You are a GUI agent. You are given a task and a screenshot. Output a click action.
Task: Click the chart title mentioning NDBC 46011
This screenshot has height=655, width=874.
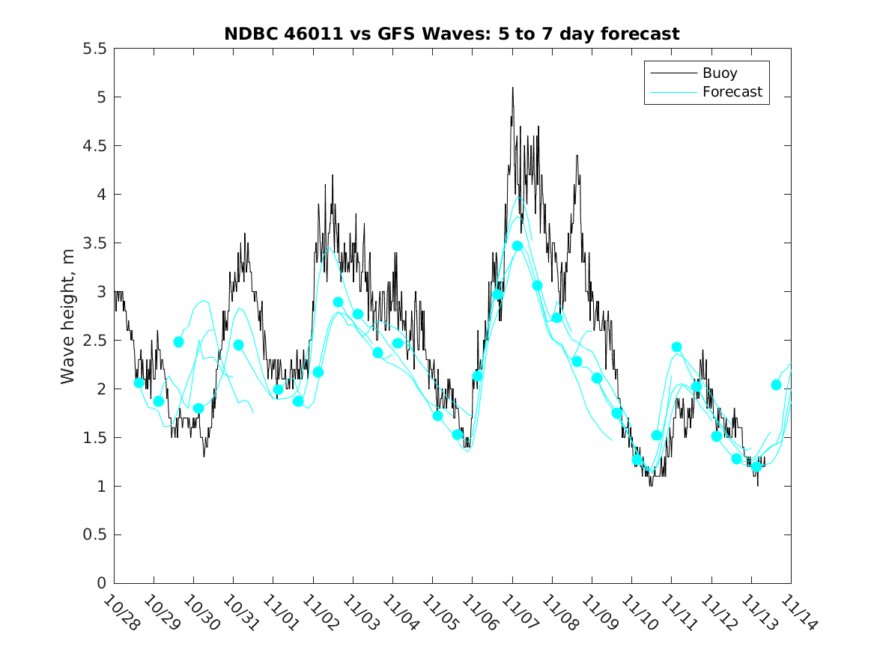(452, 34)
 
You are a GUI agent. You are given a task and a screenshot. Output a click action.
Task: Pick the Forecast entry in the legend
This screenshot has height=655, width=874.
(732, 92)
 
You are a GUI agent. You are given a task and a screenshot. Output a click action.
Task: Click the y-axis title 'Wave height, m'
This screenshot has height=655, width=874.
(68, 315)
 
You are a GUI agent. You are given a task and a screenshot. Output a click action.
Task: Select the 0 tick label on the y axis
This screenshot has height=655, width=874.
(101, 584)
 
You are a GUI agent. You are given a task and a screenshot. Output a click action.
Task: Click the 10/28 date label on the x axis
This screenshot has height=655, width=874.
(120, 612)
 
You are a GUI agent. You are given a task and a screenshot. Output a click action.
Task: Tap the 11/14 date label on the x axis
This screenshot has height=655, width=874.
(797, 612)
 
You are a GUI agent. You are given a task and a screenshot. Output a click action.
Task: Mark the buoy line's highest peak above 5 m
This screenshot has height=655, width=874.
(512, 88)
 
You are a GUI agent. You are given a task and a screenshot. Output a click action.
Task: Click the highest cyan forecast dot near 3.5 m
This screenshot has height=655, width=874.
(517, 246)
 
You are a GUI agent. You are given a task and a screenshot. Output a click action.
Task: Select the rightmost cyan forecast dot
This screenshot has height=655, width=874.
(776, 385)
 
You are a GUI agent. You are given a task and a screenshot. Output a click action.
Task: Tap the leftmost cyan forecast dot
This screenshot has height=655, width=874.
(139, 383)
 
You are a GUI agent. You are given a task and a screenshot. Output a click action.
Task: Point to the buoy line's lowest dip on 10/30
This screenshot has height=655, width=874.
(204, 456)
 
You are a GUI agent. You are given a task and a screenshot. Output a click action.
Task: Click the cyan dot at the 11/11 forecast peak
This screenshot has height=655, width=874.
(676, 347)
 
